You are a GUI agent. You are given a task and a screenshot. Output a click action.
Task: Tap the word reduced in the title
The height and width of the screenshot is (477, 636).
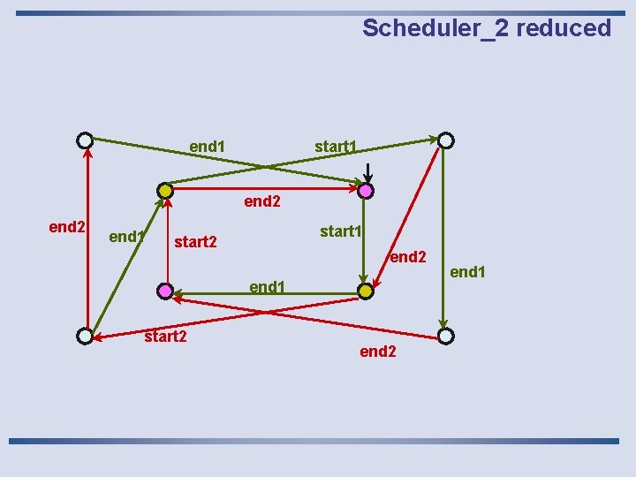(564, 28)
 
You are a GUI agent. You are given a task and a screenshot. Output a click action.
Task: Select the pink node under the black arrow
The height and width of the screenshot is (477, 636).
(367, 191)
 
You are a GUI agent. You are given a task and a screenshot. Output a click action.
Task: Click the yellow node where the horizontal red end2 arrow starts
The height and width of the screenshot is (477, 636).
(165, 191)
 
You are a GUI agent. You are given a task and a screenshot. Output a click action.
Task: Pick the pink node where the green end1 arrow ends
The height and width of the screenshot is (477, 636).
(165, 291)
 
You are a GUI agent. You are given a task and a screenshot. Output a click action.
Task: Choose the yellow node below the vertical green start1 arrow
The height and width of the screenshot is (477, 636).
(366, 291)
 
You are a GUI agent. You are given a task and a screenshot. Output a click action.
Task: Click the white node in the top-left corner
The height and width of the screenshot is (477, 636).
(84, 140)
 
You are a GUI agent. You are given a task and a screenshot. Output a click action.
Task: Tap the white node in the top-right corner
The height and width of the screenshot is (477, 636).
(446, 140)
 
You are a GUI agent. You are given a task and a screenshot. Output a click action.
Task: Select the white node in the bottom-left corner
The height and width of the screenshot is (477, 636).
(84, 336)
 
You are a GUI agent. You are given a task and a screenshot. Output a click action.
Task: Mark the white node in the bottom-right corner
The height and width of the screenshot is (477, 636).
(446, 336)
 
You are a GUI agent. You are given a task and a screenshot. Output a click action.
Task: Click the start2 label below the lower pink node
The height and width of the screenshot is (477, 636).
(165, 336)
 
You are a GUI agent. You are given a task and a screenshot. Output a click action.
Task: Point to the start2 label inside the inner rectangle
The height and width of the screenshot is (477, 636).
(196, 241)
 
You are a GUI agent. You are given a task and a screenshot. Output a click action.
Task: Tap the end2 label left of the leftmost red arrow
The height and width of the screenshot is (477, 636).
(66, 227)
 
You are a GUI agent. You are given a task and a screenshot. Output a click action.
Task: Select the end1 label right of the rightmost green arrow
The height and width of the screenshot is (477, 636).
(468, 272)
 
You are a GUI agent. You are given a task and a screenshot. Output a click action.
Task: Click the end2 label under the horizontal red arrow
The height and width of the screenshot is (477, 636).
(262, 201)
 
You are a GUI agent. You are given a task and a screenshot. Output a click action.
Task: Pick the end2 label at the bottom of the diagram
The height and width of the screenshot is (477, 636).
(378, 352)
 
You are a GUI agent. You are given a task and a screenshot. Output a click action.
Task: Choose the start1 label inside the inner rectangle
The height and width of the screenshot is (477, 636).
(341, 231)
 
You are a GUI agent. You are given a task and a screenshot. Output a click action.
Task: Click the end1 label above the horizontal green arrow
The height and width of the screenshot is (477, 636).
(268, 286)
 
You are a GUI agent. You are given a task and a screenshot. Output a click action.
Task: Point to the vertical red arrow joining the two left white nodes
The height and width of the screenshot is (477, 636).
(87, 238)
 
